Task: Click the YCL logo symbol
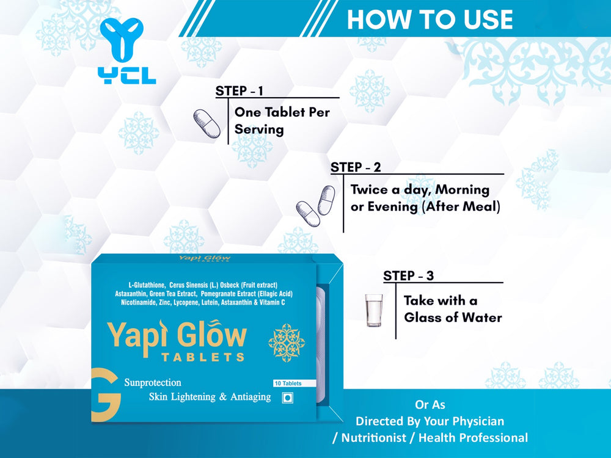pyautogui.click(x=122, y=39)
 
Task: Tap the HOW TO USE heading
pyautogui.click(x=430, y=20)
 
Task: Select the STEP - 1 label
pyautogui.click(x=240, y=91)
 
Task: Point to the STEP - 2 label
pyautogui.click(x=356, y=167)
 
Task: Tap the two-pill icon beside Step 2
pyautogui.click(x=316, y=206)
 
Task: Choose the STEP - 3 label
pyautogui.click(x=408, y=276)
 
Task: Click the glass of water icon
pyautogui.click(x=374, y=310)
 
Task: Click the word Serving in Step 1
pyautogui.click(x=258, y=129)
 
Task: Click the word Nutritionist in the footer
pyautogui.click(x=374, y=438)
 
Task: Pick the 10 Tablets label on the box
pyautogui.click(x=288, y=383)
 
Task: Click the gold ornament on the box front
pyautogui.click(x=287, y=343)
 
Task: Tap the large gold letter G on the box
pyautogui.click(x=105, y=394)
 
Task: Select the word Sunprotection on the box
pyautogui.click(x=153, y=382)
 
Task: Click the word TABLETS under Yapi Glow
pyautogui.click(x=203, y=357)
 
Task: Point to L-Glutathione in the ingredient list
pyautogui.click(x=147, y=285)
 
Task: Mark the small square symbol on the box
pyautogui.click(x=288, y=398)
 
